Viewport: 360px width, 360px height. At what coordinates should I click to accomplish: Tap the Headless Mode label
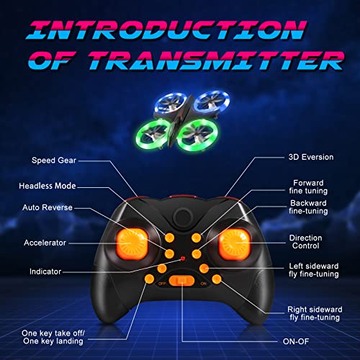click(47, 186)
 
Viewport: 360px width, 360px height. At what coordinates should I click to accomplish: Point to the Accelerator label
click(45, 243)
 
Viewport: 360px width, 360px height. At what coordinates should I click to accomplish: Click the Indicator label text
click(45, 271)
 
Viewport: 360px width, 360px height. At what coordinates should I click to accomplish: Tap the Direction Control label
click(305, 241)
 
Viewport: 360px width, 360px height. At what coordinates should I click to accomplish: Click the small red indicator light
click(184, 258)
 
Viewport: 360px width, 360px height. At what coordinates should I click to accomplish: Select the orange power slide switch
click(182, 280)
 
